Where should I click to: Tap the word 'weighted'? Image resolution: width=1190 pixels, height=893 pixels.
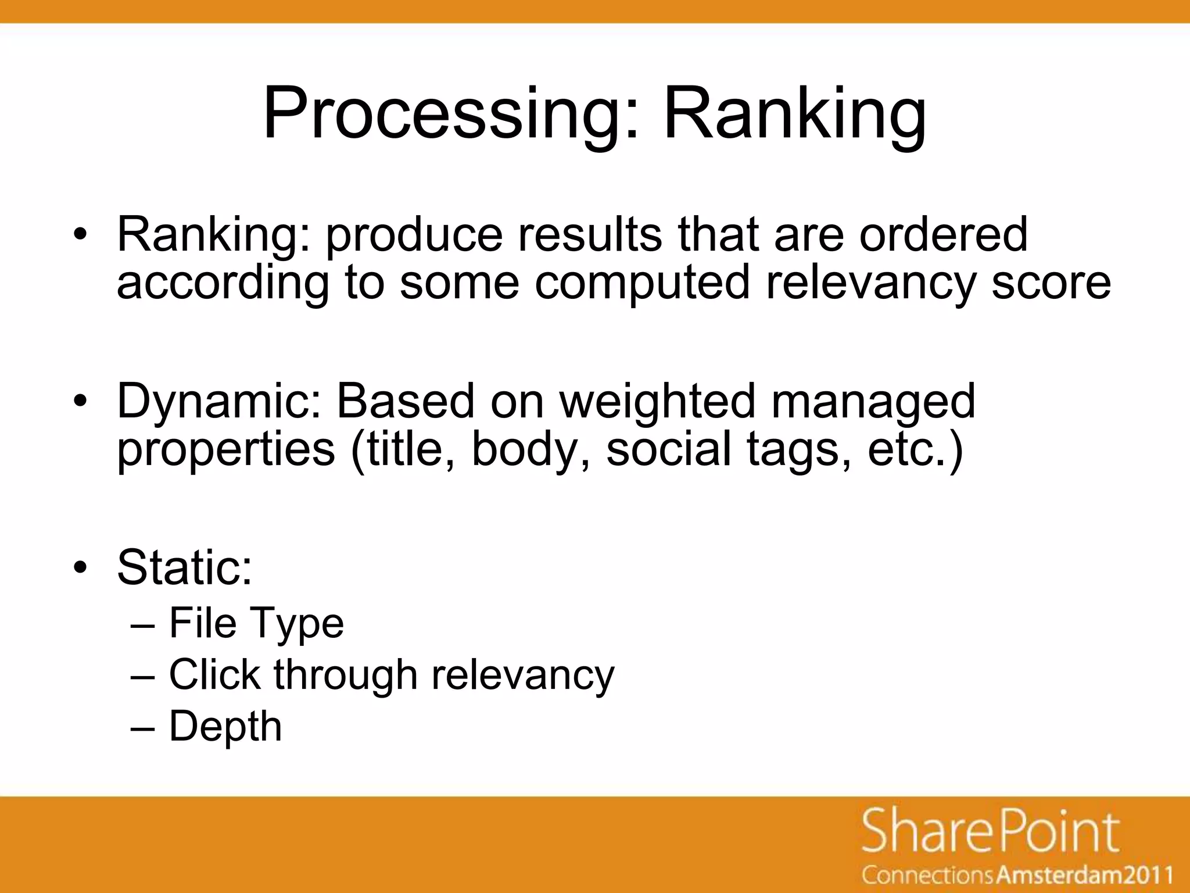click(657, 402)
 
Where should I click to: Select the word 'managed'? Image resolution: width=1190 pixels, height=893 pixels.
click(873, 402)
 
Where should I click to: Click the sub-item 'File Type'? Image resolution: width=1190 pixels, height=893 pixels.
click(256, 623)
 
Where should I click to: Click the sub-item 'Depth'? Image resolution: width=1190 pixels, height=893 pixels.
click(225, 726)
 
